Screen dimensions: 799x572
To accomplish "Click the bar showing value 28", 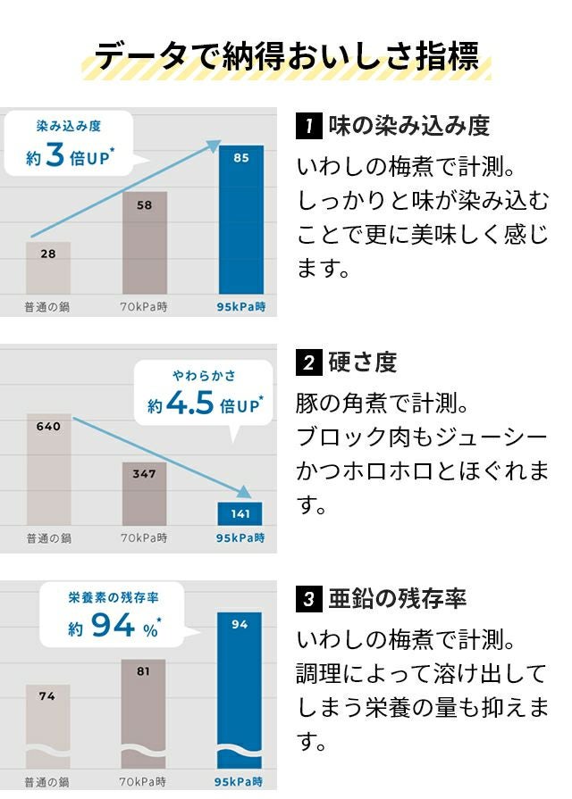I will pyautogui.click(x=48, y=267).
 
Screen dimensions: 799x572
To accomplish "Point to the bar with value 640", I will pyautogui.click(x=48, y=470).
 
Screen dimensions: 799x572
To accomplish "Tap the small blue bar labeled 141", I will pyautogui.click(x=240, y=513).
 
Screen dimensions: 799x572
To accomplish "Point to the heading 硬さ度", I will pyautogui.click(x=362, y=362).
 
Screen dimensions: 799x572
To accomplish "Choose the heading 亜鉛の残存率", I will pyautogui.click(x=397, y=599).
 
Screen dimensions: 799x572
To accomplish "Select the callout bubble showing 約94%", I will pyautogui.click(x=112, y=616).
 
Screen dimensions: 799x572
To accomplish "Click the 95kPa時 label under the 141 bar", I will pyautogui.click(x=240, y=538).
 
